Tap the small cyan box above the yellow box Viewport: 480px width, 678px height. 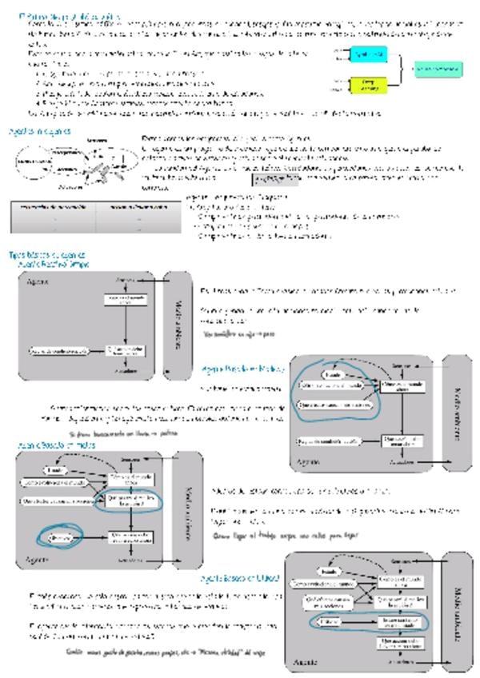click(x=367, y=54)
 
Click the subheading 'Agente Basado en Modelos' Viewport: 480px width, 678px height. click(x=242, y=368)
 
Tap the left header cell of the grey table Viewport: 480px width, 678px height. click(x=52, y=207)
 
